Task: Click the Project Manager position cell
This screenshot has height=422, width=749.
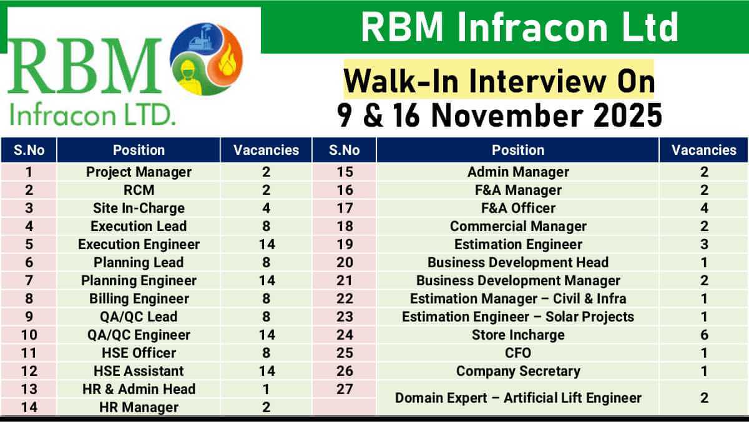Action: (x=139, y=172)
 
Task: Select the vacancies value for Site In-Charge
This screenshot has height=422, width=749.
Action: (x=267, y=208)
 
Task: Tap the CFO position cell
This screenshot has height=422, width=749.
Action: (x=517, y=353)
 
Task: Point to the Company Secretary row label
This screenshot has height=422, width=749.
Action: (x=517, y=371)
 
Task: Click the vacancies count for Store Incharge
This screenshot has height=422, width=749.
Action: (x=703, y=335)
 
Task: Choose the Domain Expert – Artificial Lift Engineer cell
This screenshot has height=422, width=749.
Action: (x=517, y=398)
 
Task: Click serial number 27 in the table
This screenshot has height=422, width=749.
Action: (x=345, y=389)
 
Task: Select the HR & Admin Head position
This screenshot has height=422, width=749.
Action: (x=139, y=389)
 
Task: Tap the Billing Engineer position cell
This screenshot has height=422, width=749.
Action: (x=139, y=298)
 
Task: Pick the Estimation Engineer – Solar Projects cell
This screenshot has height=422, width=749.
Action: (x=517, y=316)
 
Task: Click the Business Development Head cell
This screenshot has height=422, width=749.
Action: (x=517, y=262)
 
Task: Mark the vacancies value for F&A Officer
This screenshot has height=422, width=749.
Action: (x=703, y=208)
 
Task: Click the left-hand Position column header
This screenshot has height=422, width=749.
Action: (x=139, y=150)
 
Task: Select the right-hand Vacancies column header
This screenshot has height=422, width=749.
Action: (x=703, y=150)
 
